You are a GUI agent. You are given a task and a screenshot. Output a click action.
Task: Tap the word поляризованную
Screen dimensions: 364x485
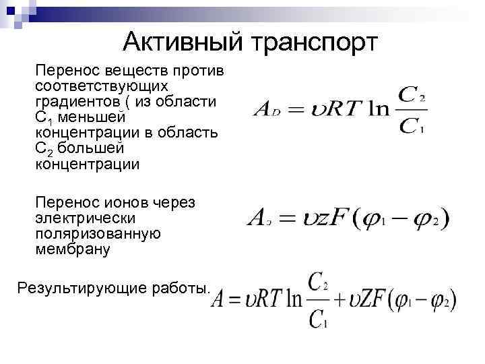coord(98,234)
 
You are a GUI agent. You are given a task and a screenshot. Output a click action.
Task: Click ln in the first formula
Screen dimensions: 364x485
coord(377,109)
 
